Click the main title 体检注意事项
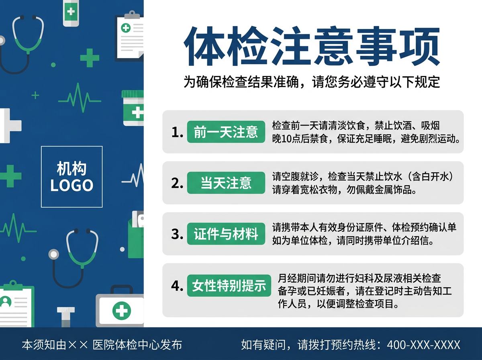pos(312,47)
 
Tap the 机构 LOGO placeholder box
pos(71,177)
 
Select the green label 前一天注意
pos(226,132)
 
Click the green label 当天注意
pos(226,183)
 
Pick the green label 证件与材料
pos(226,234)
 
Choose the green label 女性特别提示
pos(229,286)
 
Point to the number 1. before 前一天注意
pos(177,132)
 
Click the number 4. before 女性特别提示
pos(177,286)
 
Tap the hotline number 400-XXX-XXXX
pos(423,345)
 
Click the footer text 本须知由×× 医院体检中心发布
pos(102,345)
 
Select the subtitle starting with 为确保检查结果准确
pos(312,82)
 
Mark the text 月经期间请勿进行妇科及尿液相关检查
pos(359,278)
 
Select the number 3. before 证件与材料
pos(177,234)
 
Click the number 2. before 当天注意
pos(177,183)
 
